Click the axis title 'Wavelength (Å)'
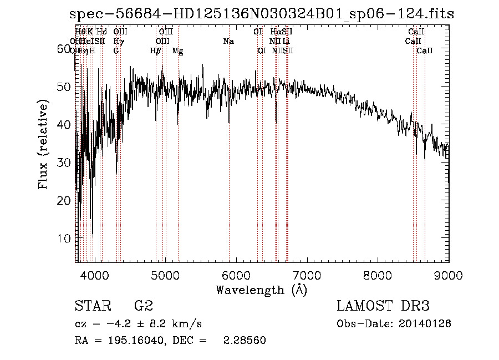261,290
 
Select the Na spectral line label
228,41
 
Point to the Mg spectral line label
177,51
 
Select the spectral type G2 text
144,306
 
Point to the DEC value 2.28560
244,341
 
